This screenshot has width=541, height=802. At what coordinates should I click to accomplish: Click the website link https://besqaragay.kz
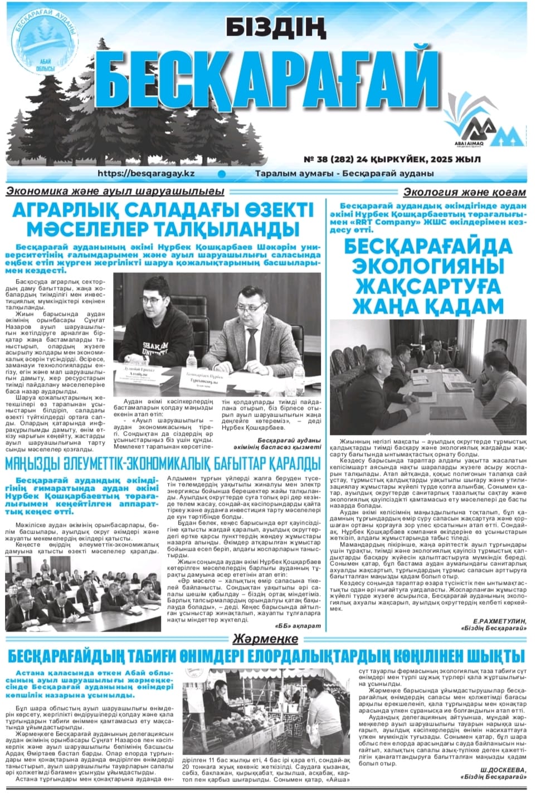(145, 173)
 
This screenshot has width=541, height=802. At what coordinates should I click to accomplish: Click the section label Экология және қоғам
(464, 192)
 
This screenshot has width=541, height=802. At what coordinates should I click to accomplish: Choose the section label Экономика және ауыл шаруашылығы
(115, 191)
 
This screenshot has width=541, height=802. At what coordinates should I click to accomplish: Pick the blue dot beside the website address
(221, 174)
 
